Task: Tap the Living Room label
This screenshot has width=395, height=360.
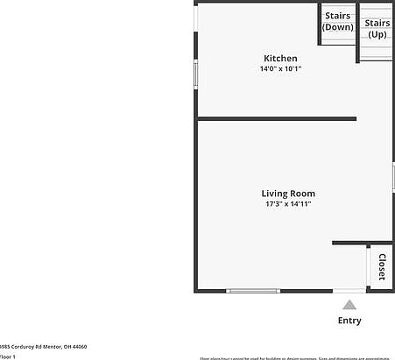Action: (288, 194)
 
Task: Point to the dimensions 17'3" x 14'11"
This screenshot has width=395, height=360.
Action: (288, 204)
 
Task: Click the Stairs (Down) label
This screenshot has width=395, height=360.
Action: (337, 21)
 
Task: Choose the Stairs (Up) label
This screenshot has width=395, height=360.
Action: (377, 28)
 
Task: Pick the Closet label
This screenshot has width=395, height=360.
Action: (382, 266)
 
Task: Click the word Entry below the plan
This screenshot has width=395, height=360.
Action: (349, 321)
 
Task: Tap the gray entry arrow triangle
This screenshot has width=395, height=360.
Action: (349, 305)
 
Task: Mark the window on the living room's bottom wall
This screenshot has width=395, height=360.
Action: (253, 291)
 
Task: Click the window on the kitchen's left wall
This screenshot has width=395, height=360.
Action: (195, 74)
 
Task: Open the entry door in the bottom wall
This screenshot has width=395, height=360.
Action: (349, 291)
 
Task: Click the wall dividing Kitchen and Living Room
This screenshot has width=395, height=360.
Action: (276, 118)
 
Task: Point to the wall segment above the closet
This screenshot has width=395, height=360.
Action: (363, 243)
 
